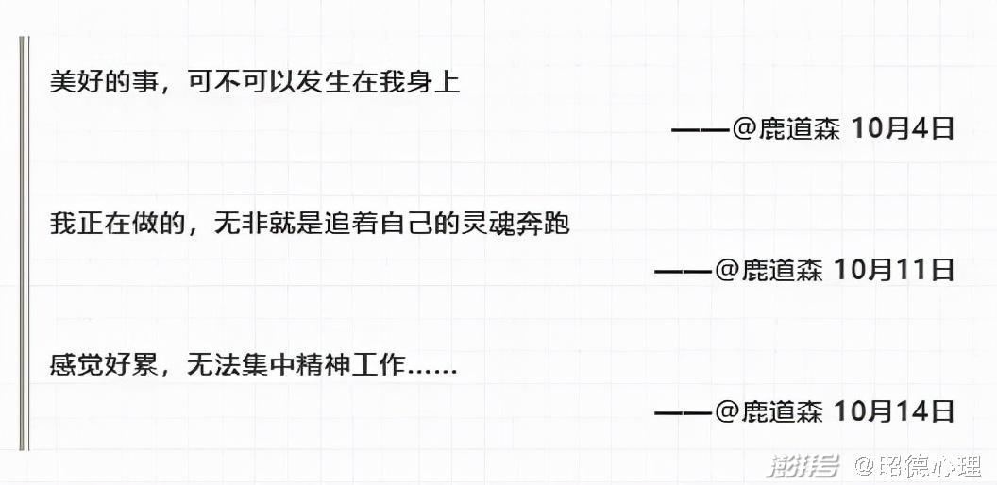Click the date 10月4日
[x=904, y=128]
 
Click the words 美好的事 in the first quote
[x=99, y=82]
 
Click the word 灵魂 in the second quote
[x=478, y=224]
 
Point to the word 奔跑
[x=547, y=224]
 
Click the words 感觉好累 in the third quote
[x=99, y=365]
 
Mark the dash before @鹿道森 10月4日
[x=701, y=129]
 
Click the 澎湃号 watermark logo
[x=803, y=464]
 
